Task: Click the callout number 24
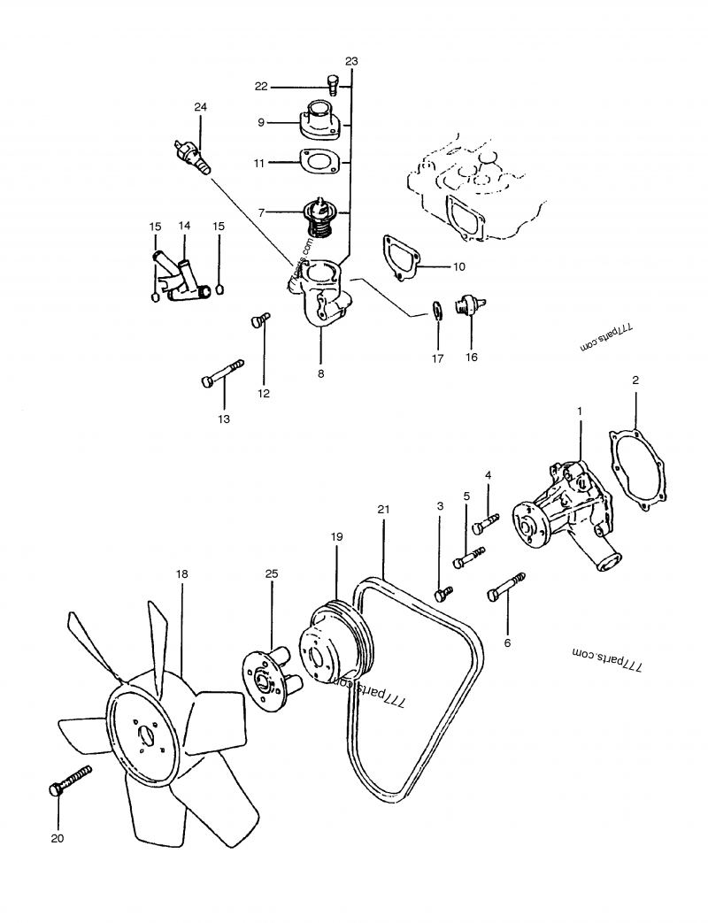coord(200,107)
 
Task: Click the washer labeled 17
coord(436,311)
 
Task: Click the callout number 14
coord(184,227)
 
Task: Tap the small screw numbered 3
coord(442,594)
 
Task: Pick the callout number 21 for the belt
coord(382,510)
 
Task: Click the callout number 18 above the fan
coord(181,574)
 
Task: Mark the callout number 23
coord(351,61)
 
